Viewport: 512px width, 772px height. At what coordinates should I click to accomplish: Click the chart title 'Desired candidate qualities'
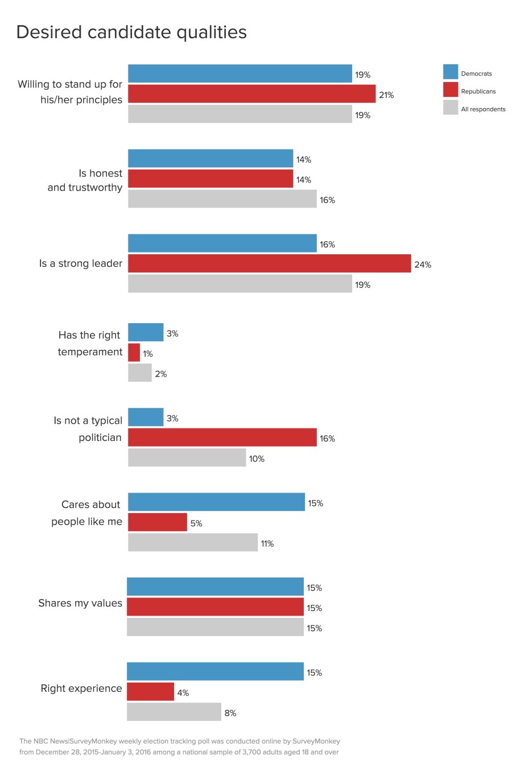point(131,32)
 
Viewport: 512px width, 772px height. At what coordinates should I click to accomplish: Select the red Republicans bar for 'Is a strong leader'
point(269,263)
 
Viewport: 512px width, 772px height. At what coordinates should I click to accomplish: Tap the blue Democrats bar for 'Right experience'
point(215,671)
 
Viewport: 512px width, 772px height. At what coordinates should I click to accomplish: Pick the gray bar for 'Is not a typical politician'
point(187,457)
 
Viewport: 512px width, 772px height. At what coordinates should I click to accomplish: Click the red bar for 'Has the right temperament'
point(134,353)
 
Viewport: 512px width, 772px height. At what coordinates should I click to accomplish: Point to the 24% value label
point(423,265)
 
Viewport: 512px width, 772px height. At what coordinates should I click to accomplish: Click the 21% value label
point(386,95)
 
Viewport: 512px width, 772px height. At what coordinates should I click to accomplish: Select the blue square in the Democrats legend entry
point(451,72)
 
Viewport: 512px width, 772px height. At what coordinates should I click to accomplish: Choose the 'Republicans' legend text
point(478,92)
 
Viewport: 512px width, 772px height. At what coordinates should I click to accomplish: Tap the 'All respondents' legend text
point(483,109)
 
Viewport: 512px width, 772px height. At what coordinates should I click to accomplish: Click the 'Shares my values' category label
point(80,603)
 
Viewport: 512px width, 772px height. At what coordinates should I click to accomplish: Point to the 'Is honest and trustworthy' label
point(85,180)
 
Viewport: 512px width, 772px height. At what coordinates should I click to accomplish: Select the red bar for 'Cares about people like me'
point(158,522)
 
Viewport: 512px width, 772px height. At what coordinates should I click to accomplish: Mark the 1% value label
point(148,354)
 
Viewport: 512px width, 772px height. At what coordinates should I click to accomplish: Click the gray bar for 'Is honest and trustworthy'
point(222,199)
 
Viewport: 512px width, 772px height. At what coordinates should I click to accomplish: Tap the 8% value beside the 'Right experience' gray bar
point(230,713)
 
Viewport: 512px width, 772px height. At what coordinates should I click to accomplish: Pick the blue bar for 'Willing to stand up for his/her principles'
point(240,73)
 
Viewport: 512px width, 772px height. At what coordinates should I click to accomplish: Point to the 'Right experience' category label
point(81,688)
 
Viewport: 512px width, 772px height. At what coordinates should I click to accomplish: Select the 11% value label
point(267,544)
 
